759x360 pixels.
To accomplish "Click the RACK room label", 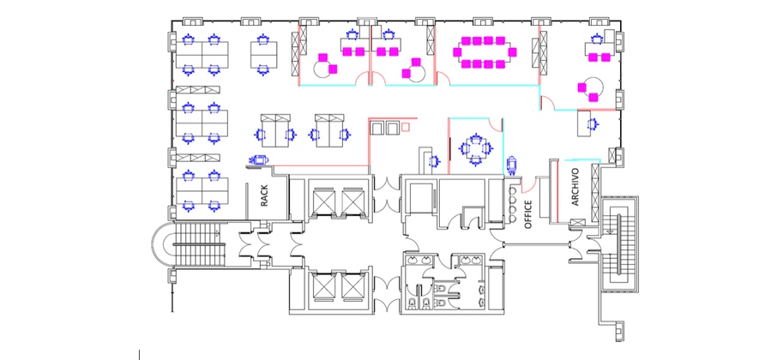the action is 264,196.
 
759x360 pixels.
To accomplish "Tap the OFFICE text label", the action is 528,214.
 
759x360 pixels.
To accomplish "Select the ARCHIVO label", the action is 575,187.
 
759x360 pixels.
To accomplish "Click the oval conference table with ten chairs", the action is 483,51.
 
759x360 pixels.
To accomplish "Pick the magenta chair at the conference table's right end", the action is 513,51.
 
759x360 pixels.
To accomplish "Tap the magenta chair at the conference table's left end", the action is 457,51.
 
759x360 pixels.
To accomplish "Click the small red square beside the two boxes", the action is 406,127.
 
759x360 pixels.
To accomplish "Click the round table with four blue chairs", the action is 475,147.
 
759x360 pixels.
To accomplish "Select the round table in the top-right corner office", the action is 593,87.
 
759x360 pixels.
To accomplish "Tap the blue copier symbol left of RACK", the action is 258,159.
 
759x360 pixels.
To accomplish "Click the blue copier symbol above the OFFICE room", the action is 512,165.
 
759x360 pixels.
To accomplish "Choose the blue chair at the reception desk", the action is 593,124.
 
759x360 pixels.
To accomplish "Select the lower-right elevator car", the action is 352,286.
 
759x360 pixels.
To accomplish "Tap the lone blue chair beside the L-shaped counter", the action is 434,161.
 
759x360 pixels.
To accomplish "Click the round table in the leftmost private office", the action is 322,69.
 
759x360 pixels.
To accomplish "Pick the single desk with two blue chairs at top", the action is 264,54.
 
